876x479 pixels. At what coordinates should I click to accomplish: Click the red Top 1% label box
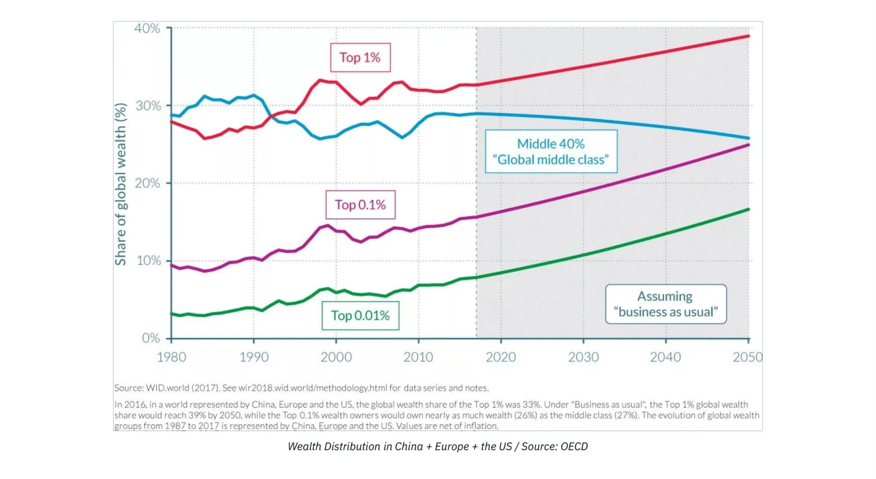(360, 57)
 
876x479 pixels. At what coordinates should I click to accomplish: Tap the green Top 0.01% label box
(360, 315)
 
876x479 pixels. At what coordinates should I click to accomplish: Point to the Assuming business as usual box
(665, 305)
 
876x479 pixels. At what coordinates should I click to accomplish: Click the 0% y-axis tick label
(151, 338)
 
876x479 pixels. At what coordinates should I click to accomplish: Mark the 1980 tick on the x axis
(171, 357)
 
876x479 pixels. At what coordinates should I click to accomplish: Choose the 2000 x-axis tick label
(336, 357)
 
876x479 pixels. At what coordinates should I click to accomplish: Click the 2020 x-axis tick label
(501, 357)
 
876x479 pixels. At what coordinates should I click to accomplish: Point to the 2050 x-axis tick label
(748, 357)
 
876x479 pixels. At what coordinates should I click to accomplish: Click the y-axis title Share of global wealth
(121, 183)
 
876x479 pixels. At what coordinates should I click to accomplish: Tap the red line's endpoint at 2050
(749, 36)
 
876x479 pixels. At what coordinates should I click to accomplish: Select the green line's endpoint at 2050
(749, 209)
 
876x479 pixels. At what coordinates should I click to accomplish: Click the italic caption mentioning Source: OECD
(437, 447)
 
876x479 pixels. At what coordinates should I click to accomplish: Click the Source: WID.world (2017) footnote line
(301, 387)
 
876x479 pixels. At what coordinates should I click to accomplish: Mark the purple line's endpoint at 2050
(749, 144)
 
